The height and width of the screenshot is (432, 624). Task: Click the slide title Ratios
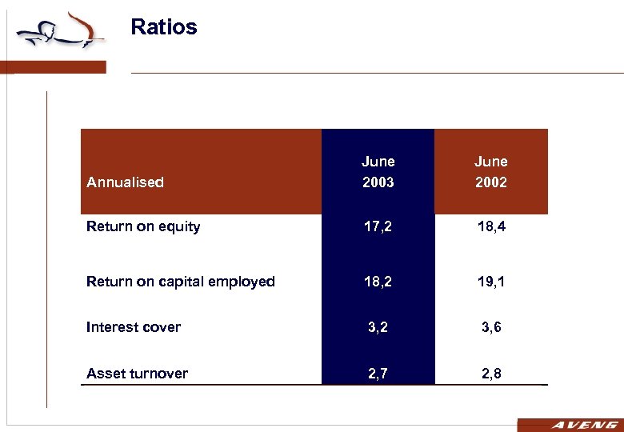pyautogui.click(x=163, y=27)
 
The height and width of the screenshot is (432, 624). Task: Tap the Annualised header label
pyautogui.click(x=125, y=182)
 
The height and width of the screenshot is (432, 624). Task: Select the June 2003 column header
pyautogui.click(x=378, y=171)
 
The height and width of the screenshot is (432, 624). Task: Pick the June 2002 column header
pyautogui.click(x=490, y=171)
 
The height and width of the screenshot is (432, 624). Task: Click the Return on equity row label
pyautogui.click(x=143, y=226)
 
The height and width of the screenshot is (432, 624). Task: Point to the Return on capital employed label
pyautogui.click(x=181, y=282)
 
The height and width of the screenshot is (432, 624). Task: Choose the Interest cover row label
pyautogui.click(x=134, y=327)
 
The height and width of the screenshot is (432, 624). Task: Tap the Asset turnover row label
pyautogui.click(x=138, y=374)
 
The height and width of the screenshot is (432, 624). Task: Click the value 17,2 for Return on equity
pyautogui.click(x=378, y=227)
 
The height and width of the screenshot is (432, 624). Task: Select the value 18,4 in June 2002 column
pyautogui.click(x=490, y=227)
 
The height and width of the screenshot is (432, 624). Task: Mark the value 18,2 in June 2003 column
pyautogui.click(x=378, y=282)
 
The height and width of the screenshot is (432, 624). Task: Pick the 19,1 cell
pyautogui.click(x=490, y=282)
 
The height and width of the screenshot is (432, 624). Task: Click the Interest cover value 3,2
pyautogui.click(x=378, y=327)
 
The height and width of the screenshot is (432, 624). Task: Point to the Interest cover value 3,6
pyautogui.click(x=490, y=327)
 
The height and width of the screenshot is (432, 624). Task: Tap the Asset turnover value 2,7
pyautogui.click(x=378, y=374)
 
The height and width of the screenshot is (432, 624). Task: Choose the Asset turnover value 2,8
pyautogui.click(x=490, y=374)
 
